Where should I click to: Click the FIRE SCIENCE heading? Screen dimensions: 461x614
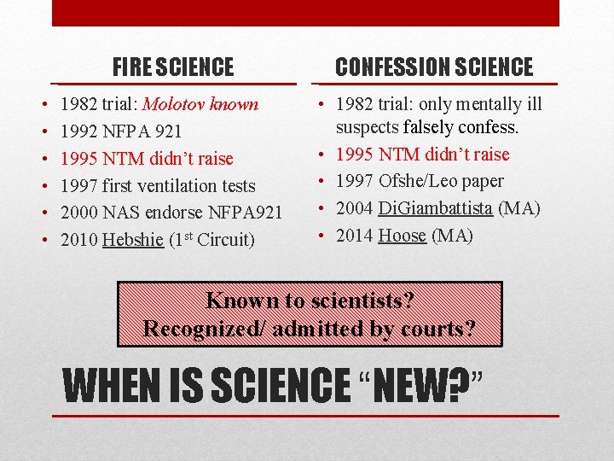pos(173,67)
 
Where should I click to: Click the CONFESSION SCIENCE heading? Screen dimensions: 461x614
pos(434,67)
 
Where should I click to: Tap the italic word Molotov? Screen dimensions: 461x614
pos(174,105)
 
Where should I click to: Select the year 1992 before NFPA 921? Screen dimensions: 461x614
pos(79,131)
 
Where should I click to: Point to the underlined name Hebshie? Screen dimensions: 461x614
pos(132,240)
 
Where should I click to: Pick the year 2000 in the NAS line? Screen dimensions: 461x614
pos(79,213)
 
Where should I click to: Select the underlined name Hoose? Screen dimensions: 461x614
pos(402,236)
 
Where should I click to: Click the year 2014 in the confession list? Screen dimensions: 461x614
pos(355,236)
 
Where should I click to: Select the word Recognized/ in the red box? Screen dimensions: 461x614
pos(204,329)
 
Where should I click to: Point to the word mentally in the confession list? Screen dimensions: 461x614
pos(480,105)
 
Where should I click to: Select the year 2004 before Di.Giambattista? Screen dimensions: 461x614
pos(355,208)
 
